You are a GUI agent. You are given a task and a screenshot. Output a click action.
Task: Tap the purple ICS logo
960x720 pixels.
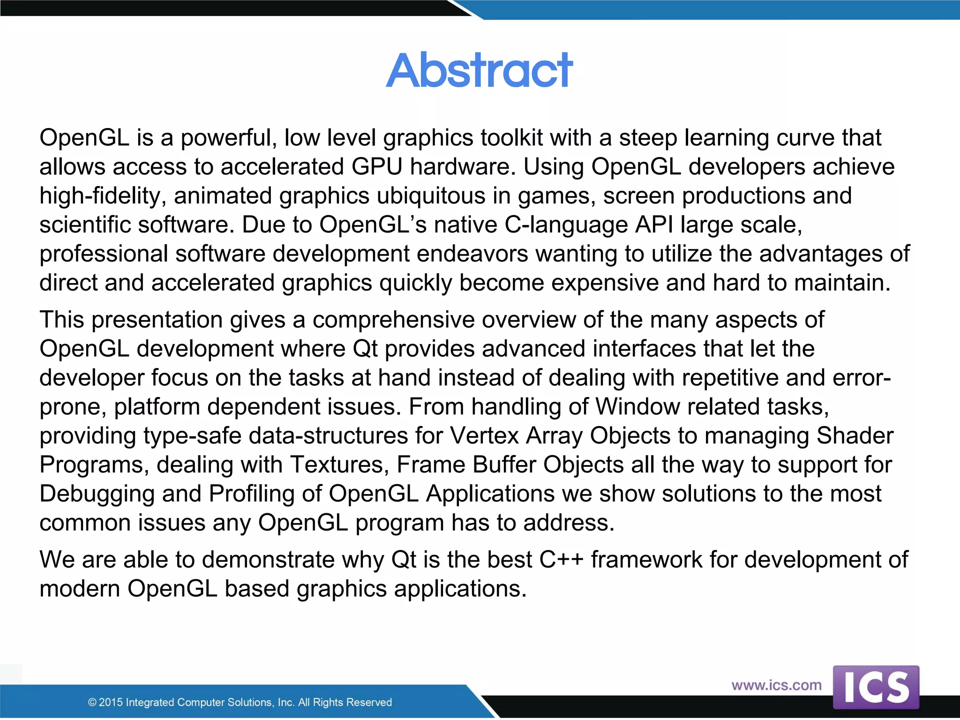pyautogui.click(x=876, y=687)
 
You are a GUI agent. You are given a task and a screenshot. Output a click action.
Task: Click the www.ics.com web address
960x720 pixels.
pyautogui.click(x=776, y=685)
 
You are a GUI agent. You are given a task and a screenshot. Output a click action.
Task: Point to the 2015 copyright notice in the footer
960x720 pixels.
pyautogui.click(x=240, y=702)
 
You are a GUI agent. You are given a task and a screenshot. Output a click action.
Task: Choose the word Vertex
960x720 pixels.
pyautogui.click(x=484, y=435)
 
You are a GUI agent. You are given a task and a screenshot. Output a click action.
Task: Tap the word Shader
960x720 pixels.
pyautogui.click(x=855, y=435)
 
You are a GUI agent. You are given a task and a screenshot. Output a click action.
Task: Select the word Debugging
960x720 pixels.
pyautogui.click(x=97, y=495)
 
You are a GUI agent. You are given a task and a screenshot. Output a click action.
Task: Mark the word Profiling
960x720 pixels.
pyautogui.click(x=265, y=495)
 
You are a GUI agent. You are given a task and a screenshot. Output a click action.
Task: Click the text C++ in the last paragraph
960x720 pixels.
pyautogui.click(x=561, y=560)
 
